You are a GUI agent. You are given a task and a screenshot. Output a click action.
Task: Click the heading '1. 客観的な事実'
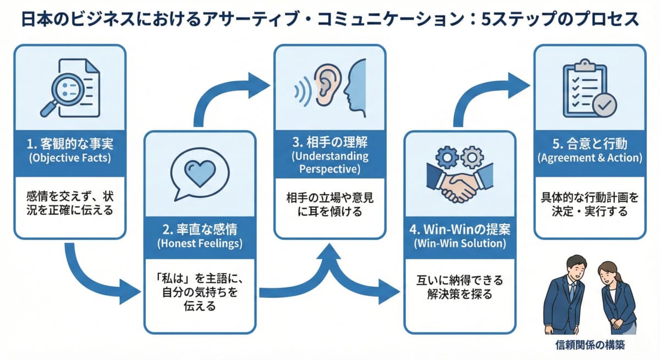(69, 147)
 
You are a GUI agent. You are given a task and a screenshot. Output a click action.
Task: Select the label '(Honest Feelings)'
(201, 242)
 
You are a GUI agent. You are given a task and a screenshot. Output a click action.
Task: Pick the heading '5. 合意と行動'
(589, 147)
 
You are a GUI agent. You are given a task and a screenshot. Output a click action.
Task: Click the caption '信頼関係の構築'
(589, 345)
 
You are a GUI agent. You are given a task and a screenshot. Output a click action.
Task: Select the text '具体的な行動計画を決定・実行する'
(589, 205)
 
